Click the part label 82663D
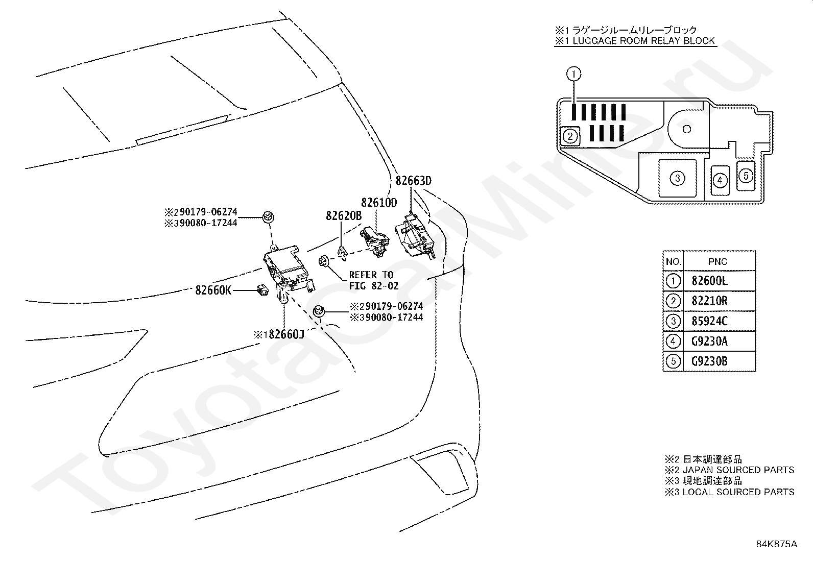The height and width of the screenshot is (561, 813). click(x=414, y=181)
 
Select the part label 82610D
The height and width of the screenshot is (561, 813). click(x=379, y=203)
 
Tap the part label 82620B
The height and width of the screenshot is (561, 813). click(x=344, y=216)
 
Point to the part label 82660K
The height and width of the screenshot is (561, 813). click(x=213, y=290)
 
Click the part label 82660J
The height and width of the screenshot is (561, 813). click(x=286, y=334)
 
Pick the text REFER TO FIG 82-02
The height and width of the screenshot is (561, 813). click(x=373, y=280)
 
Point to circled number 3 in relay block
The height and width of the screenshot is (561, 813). click(x=677, y=178)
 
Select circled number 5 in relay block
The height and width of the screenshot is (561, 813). click(x=746, y=176)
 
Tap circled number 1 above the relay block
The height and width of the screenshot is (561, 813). click(x=573, y=74)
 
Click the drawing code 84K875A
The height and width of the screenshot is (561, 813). click(x=776, y=544)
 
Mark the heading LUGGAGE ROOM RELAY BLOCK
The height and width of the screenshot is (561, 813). click(x=643, y=41)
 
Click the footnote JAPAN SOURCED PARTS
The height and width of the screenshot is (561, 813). click(x=738, y=470)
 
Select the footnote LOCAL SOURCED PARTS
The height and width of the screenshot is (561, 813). click(x=738, y=492)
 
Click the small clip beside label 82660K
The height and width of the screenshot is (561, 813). click(x=262, y=290)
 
